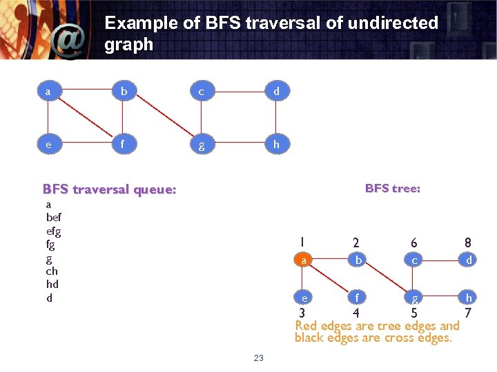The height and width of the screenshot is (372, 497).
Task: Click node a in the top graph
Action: [47, 90]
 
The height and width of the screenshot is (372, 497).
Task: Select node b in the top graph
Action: [124, 90]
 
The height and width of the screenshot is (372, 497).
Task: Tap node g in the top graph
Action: [200, 146]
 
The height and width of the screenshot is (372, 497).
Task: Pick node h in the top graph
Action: [276, 145]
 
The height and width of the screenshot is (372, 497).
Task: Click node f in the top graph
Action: [123, 145]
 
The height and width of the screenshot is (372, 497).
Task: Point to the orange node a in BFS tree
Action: [302, 260]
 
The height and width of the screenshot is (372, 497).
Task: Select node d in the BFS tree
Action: [469, 260]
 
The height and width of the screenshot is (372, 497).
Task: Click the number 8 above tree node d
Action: [468, 242]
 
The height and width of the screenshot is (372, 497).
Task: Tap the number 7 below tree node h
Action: [468, 313]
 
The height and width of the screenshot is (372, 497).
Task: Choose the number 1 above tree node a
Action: [302, 242]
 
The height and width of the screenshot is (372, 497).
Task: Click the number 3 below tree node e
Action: [302, 313]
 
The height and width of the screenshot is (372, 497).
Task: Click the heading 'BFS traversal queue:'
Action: [109, 189]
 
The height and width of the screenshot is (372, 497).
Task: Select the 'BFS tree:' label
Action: [392, 188]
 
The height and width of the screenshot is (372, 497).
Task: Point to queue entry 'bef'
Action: [54, 218]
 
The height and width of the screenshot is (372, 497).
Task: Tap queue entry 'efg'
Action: [54, 231]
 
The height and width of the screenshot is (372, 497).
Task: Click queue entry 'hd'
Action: [52, 284]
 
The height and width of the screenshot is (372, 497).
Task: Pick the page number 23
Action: [259, 358]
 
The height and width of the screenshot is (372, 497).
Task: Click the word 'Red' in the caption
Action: [307, 326]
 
